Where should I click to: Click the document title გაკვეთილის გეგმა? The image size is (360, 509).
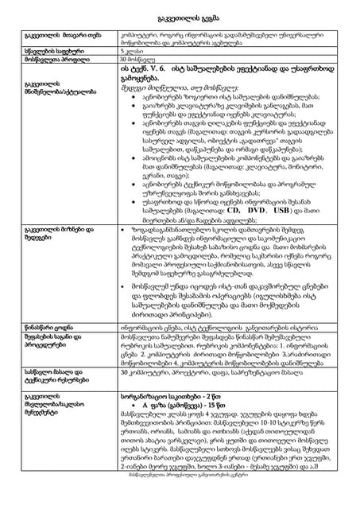tap(179, 17)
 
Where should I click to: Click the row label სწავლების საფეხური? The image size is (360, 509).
tap(56, 49)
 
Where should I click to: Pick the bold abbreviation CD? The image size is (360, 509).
tap(257, 211)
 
